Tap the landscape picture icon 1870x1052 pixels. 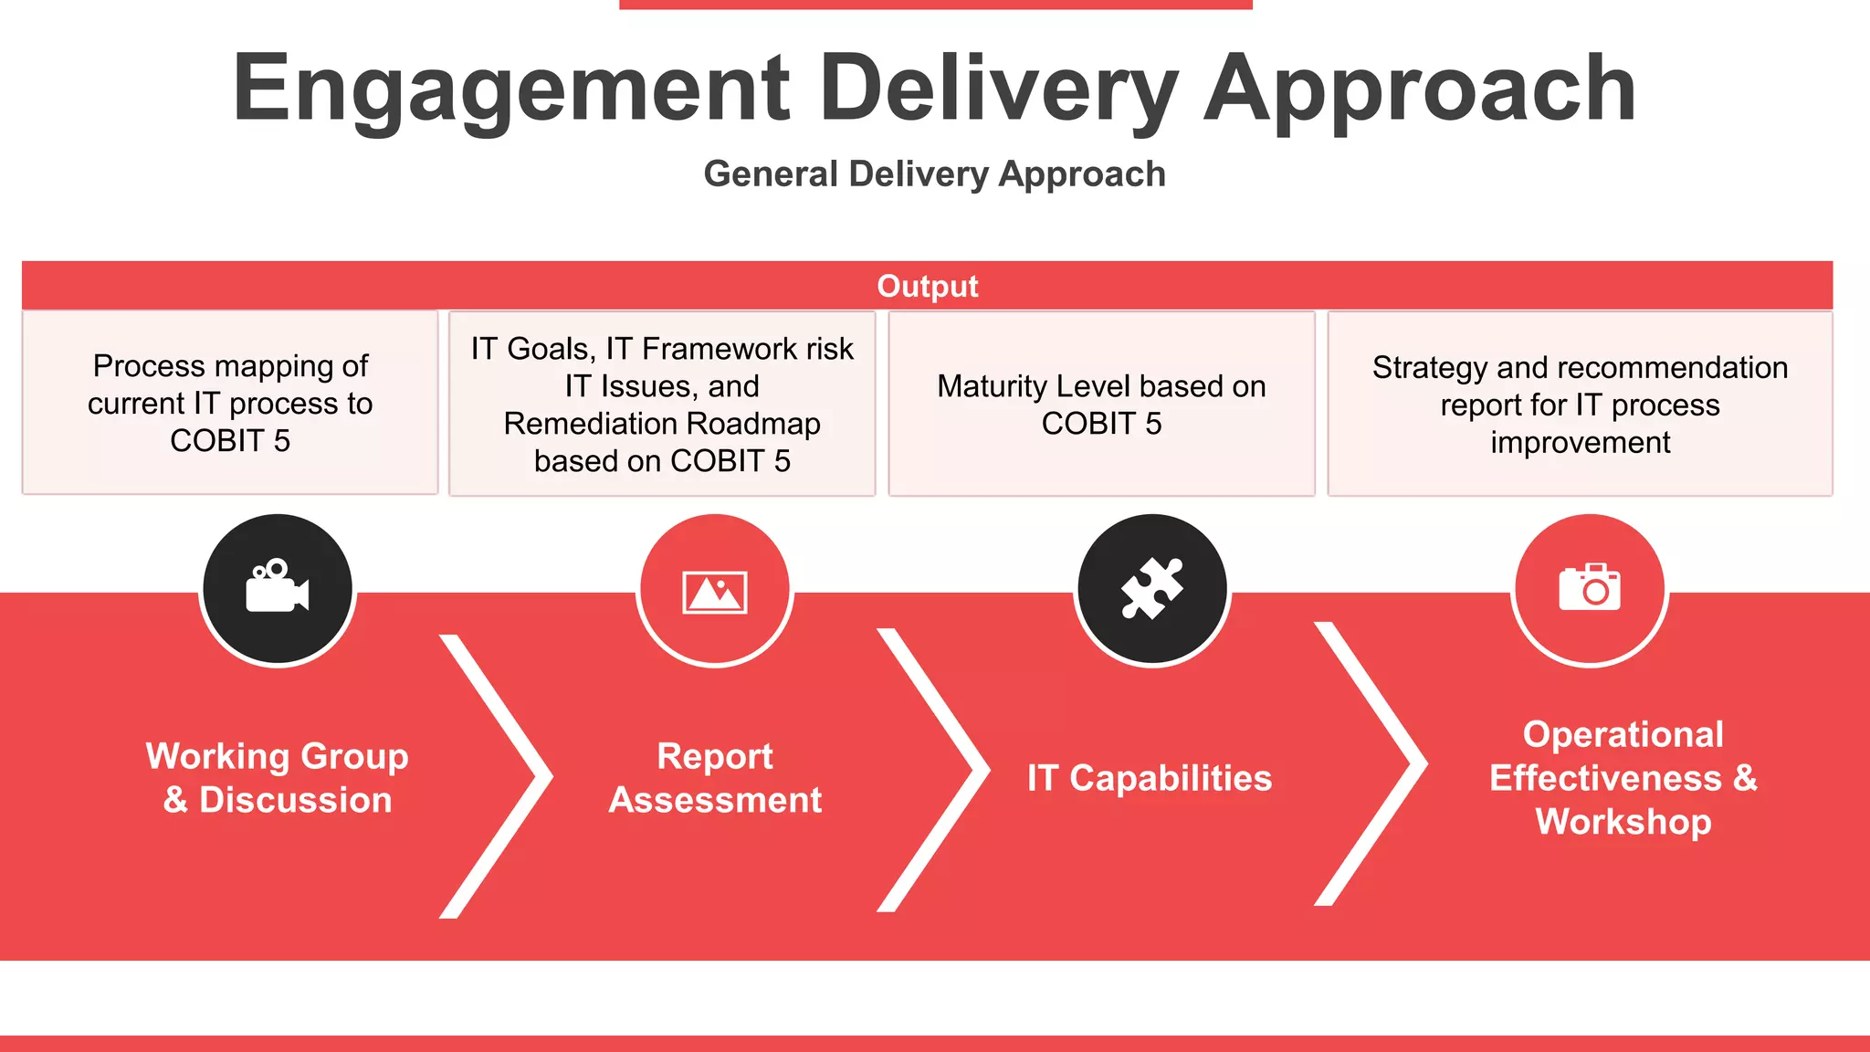coord(715,592)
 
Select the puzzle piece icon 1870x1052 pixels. coord(1152,589)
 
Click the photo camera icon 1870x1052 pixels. coord(1590,587)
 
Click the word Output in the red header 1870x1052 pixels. coord(927,287)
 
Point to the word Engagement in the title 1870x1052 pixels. coord(511,89)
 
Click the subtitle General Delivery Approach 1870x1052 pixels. coord(934,174)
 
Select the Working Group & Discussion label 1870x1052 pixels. coord(278,777)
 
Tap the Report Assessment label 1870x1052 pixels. coord(715,777)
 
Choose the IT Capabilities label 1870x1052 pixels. coord(1149,778)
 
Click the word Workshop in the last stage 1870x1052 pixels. coord(1623,822)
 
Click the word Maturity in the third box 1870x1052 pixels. coord(991,386)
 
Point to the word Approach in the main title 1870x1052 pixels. coord(1420,89)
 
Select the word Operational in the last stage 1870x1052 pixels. coord(1623,734)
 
